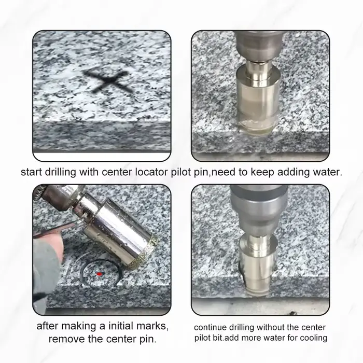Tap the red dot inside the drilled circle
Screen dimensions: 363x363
pyautogui.click(x=99, y=274)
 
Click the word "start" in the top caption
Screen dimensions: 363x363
pyautogui.click(x=31, y=172)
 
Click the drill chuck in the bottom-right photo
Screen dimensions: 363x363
pyautogui.click(x=259, y=208)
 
